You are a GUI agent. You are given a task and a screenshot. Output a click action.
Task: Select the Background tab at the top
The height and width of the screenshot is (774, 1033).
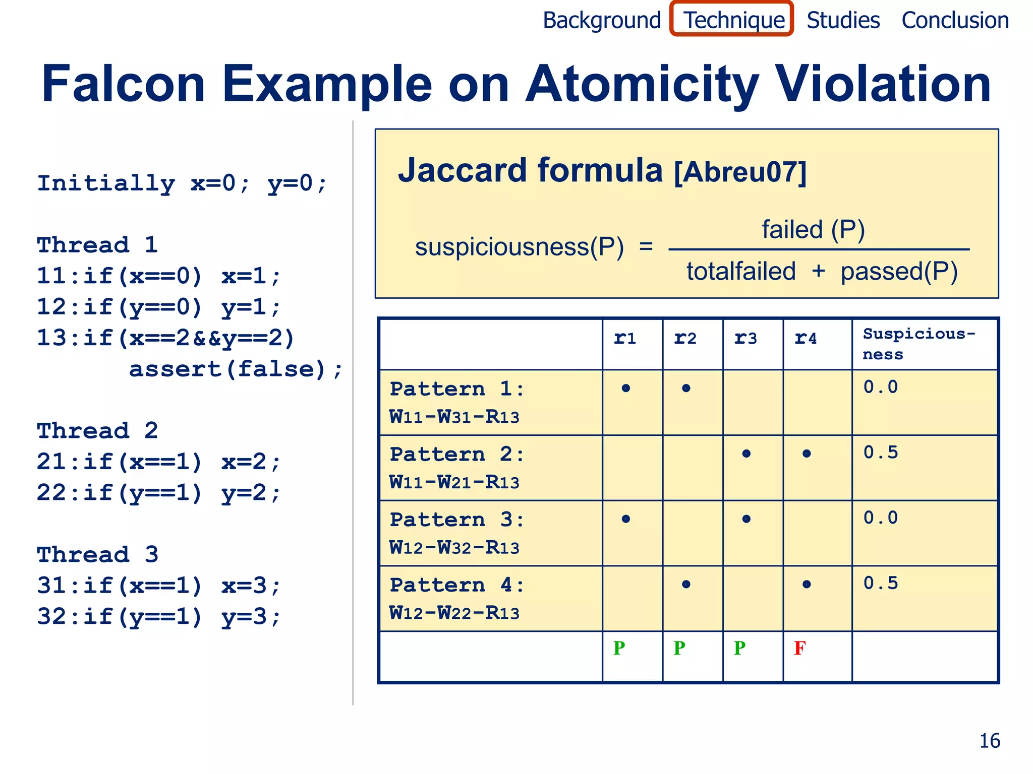[602, 20]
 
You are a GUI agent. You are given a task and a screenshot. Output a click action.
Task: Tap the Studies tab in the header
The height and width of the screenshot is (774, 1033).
[843, 20]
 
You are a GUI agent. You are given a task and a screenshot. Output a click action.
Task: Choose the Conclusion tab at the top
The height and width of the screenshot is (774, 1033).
[955, 20]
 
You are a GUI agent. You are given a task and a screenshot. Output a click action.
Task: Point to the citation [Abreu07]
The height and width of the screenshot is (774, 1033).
[740, 172]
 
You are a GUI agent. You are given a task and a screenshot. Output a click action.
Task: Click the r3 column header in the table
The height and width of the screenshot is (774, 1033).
[745, 338]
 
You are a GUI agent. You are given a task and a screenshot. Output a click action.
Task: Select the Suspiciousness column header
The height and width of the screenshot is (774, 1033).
[919, 344]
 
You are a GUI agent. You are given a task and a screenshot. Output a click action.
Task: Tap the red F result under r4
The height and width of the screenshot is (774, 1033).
[799, 648]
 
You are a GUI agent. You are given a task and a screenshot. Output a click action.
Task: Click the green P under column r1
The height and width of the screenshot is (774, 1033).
[619, 648]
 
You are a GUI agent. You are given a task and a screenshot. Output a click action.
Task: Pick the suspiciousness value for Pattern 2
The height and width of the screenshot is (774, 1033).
[881, 453]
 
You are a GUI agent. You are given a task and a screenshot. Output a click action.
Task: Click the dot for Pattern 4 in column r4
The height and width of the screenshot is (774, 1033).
[807, 585]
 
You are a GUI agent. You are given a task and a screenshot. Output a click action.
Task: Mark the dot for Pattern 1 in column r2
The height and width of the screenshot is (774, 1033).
[686, 388]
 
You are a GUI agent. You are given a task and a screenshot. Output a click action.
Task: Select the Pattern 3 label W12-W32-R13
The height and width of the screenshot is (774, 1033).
[454, 547]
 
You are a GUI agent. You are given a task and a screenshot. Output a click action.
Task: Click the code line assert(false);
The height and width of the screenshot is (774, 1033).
[236, 369]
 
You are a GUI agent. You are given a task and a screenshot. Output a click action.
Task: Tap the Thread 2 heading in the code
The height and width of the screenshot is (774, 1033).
[97, 431]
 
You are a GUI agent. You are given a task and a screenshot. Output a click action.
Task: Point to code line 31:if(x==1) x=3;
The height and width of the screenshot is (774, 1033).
[158, 586]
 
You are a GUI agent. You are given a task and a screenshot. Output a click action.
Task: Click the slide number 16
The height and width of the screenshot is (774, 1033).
[990, 741]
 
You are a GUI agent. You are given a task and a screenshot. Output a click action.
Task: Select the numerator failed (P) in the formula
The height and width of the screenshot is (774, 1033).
[813, 230]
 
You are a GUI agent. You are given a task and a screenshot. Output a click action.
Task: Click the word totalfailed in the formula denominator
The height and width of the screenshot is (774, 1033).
[741, 272]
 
